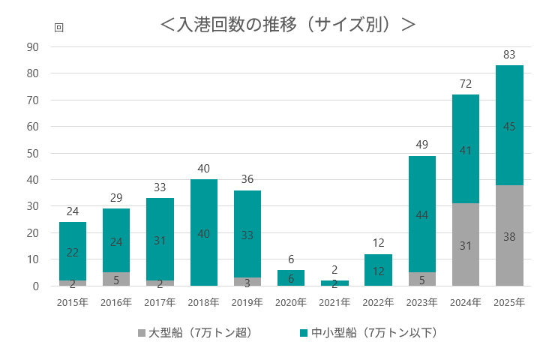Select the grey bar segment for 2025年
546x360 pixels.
point(509,235)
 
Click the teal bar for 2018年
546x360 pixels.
point(204,232)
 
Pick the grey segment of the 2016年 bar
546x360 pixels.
point(116,279)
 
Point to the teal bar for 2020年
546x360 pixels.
point(291,277)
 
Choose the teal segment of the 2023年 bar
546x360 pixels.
point(422,214)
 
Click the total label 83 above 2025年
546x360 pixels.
point(509,55)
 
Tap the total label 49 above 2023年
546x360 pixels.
point(422,145)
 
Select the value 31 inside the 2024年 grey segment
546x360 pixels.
point(466,245)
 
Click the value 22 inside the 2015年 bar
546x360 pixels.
point(73,252)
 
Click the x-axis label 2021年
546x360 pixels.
point(334,302)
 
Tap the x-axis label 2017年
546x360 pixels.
point(160,302)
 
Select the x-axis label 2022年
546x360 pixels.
point(378,302)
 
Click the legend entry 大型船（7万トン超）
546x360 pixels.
point(194,332)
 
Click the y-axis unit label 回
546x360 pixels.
point(59,27)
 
